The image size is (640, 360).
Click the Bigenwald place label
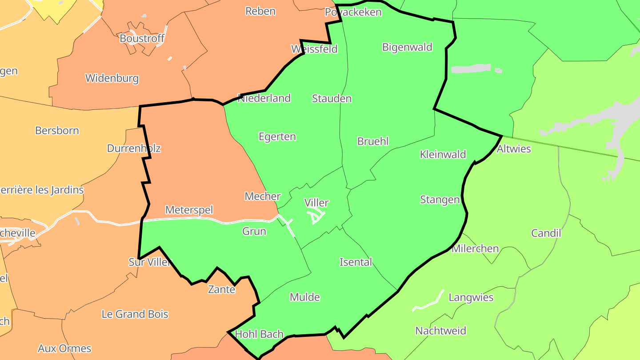click(407, 47)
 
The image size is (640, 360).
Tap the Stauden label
click(332, 99)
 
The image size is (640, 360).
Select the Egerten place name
click(277, 136)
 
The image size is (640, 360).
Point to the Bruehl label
click(373, 141)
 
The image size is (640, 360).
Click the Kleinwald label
click(443, 154)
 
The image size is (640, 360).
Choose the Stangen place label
click(440, 200)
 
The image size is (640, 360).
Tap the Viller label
click(316, 203)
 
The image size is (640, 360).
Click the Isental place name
click(356, 262)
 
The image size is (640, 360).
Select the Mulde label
click(305, 297)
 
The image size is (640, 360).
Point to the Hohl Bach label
click(259, 334)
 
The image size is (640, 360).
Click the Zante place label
click(221, 289)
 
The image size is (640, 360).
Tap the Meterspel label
click(189, 210)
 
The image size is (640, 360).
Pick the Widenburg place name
click(112, 79)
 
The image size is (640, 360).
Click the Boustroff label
click(142, 39)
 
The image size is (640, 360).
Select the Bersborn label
click(57, 131)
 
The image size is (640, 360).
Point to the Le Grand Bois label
click(135, 314)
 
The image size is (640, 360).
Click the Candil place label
click(546, 233)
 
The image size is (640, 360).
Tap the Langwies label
click(471, 297)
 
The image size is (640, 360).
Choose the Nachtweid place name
click(440, 331)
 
